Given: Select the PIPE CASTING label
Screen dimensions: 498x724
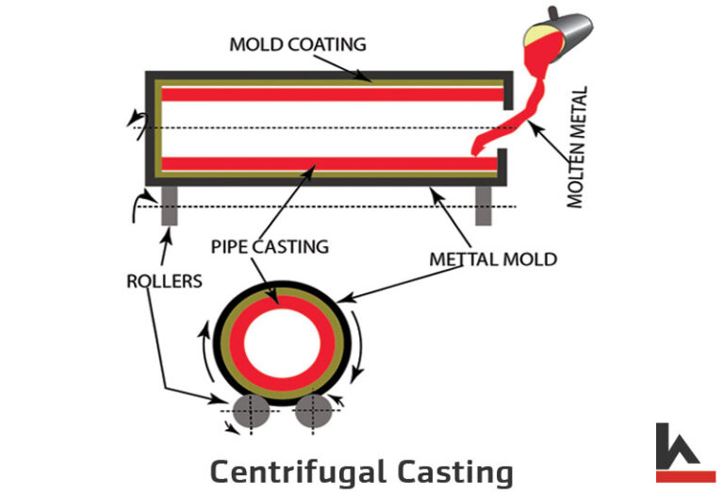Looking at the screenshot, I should coord(271,247).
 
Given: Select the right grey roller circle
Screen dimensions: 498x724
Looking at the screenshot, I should coord(312,412).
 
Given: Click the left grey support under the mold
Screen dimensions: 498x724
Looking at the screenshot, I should coord(170,206).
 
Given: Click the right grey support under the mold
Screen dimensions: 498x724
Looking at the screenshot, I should coord(484,206).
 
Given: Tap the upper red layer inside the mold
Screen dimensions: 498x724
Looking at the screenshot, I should coord(330,94).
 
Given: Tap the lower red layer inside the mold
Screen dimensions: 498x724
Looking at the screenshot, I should coord(330,163).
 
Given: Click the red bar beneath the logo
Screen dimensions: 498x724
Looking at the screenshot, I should coord(685,475).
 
